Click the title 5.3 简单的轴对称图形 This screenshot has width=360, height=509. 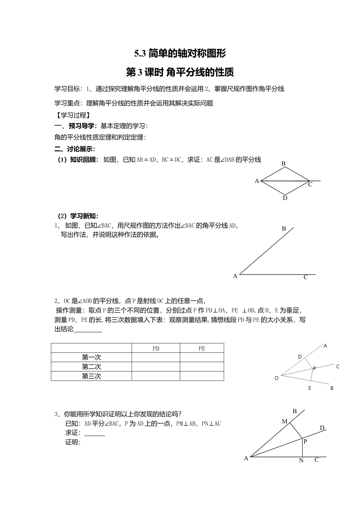click(180, 53)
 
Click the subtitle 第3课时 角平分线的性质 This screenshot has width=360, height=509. click(180, 72)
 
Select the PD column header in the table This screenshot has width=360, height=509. click(156, 348)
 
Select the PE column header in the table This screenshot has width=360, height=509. click(202, 348)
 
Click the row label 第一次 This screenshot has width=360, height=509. click(91, 358)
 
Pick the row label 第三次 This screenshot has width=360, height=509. click(91, 376)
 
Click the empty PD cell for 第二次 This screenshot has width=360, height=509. click(156, 367)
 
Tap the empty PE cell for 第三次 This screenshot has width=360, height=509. click(202, 376)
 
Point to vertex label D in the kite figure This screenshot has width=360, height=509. click(285, 198)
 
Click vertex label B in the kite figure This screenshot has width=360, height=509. click(283, 164)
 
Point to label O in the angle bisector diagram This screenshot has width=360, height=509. click(276, 378)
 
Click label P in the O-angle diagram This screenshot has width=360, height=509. click(314, 368)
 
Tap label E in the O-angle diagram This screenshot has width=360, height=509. click(310, 388)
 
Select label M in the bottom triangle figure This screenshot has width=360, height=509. click(285, 422)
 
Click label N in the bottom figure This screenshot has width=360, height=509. click(302, 461)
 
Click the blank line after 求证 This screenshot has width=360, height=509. click(94, 434)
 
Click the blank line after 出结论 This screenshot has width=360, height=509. click(88, 329)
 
